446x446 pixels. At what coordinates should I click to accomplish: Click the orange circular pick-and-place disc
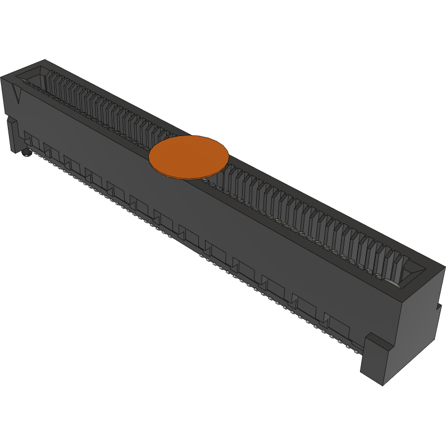tap(189, 157)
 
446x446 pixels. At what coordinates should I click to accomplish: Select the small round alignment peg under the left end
tap(25, 152)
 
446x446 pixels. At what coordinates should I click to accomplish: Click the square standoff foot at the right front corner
tap(376, 359)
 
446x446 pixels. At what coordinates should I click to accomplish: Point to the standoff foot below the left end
tap(12, 135)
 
